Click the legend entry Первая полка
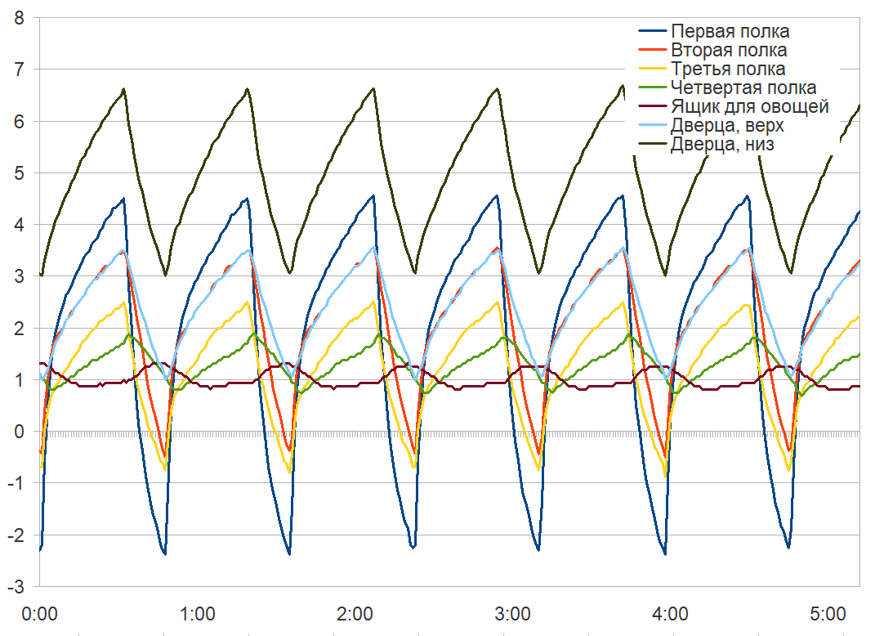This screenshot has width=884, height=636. point(730,32)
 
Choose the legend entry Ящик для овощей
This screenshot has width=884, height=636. point(750,106)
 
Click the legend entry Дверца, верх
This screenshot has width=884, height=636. point(727,126)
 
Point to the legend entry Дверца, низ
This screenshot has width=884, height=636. point(721,145)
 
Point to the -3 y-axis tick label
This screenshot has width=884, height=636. point(15,588)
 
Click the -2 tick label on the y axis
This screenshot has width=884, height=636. point(15,536)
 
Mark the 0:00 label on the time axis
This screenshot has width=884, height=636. point(39,613)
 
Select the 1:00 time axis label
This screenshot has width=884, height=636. point(197,613)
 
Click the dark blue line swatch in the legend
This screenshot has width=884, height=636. point(652,32)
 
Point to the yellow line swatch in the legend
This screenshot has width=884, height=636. point(652,69)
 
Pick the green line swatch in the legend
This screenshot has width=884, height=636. point(652,87)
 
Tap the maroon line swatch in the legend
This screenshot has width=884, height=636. point(652,106)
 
